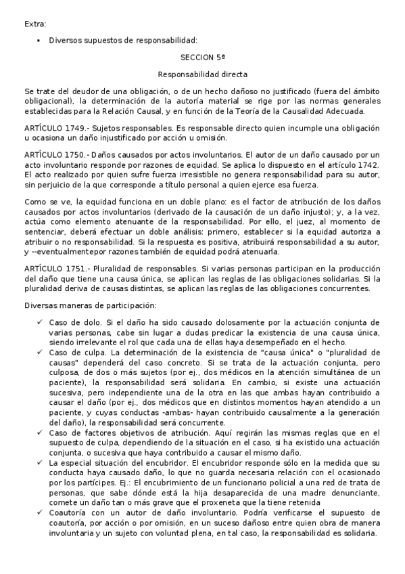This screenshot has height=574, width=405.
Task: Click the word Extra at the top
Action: pyautogui.click(x=35, y=24)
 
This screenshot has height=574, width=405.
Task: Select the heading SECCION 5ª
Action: pyautogui.click(x=202, y=58)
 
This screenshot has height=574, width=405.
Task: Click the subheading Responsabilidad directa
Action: pyautogui.click(x=202, y=74)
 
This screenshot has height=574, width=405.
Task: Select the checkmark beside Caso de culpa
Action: pyautogui.click(x=41, y=353)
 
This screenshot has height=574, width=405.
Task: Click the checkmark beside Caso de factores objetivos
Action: pyautogui.click(x=41, y=434)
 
